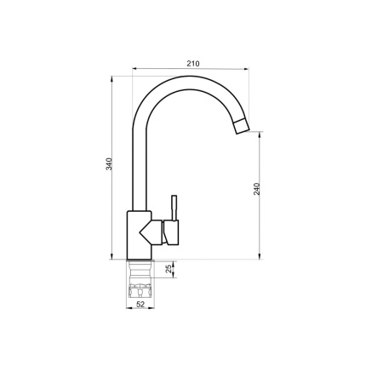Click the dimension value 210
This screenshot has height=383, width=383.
192,62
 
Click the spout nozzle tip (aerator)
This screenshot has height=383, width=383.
243,128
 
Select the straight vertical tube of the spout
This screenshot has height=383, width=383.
135,162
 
